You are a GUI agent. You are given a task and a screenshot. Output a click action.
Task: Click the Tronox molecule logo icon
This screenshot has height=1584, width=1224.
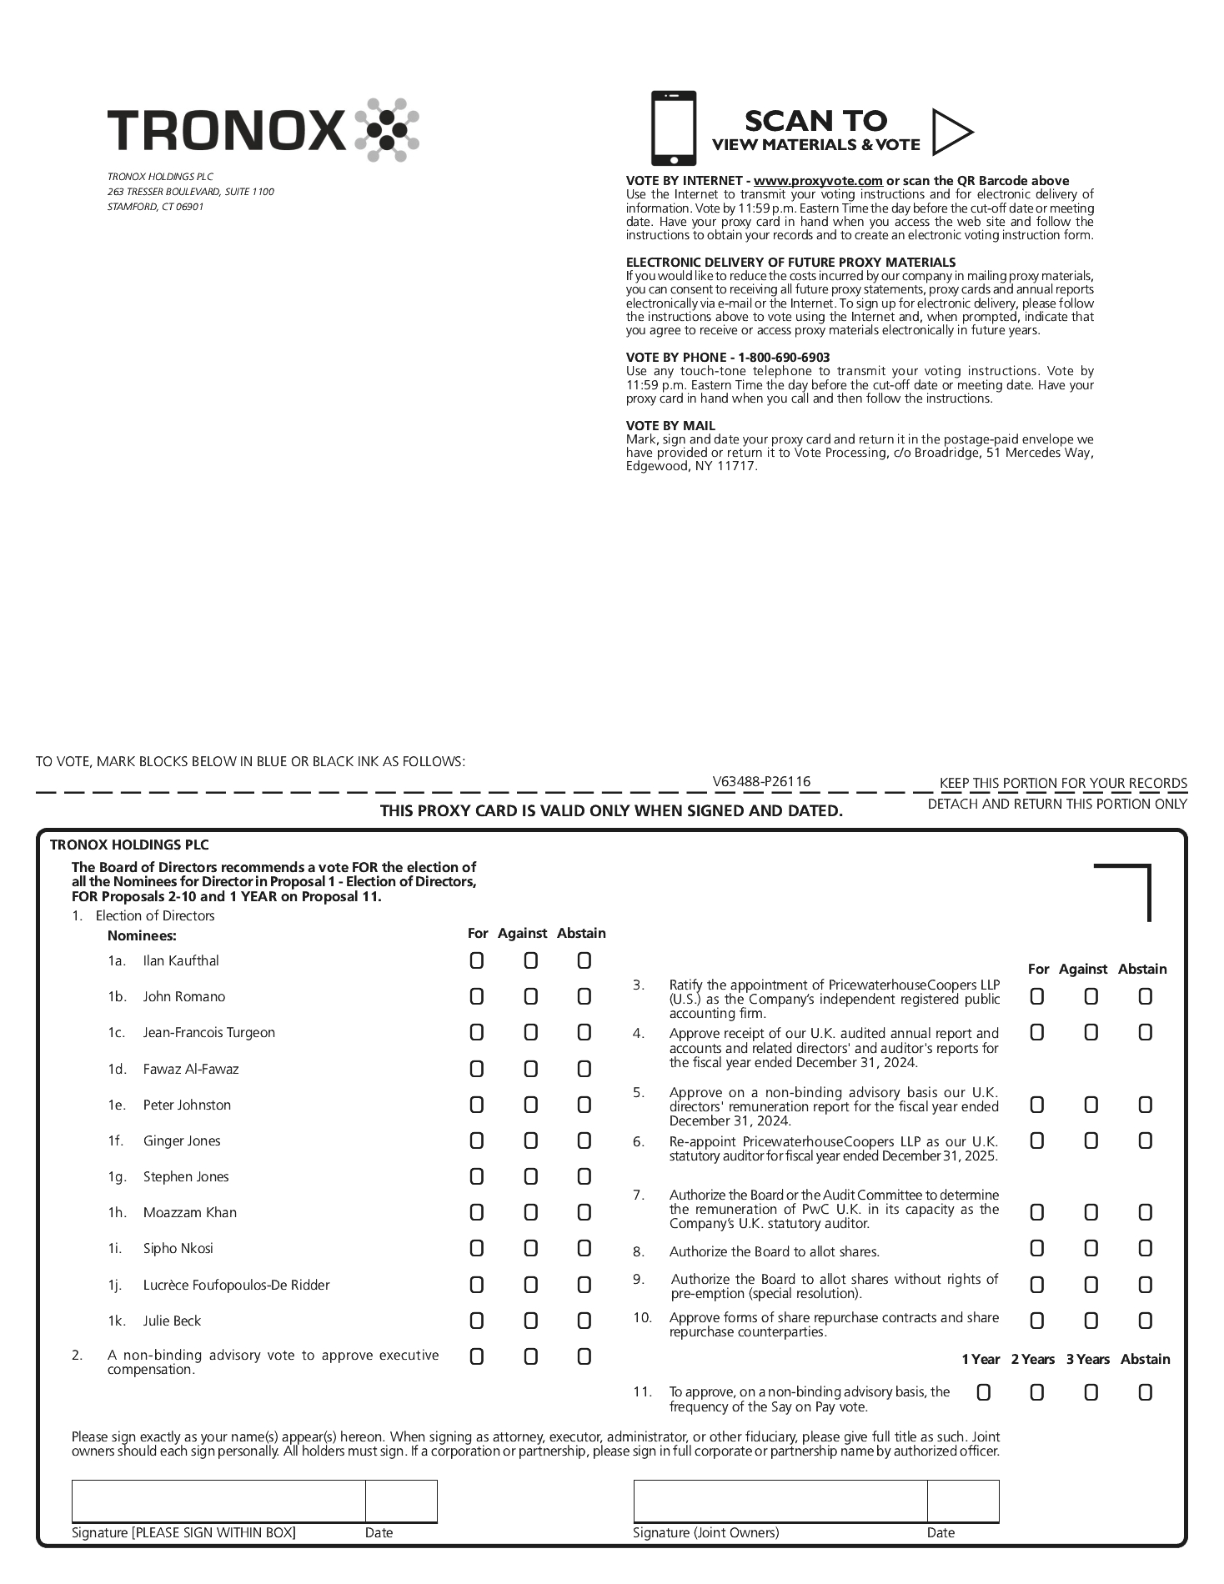[x=386, y=129]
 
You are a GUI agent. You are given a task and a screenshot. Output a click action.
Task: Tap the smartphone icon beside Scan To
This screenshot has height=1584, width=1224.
[x=673, y=128]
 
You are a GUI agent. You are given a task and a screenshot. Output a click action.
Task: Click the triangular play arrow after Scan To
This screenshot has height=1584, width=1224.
[x=951, y=132]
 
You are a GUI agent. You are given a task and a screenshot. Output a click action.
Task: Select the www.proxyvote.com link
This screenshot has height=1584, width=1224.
[x=817, y=181]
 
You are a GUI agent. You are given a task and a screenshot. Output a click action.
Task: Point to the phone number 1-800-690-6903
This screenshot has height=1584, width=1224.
[x=784, y=358]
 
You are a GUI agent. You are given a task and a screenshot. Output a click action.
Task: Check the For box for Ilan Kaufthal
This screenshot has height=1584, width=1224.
[x=476, y=961]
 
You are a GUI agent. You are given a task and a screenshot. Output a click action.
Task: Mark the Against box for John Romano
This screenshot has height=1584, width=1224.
[x=530, y=997]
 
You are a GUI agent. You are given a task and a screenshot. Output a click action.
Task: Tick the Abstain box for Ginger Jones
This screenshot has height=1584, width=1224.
[x=584, y=1140]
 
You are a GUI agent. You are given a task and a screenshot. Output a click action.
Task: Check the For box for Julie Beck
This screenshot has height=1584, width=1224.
[x=476, y=1321]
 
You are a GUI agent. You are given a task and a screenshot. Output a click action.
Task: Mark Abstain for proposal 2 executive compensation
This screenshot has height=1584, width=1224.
[x=584, y=1356]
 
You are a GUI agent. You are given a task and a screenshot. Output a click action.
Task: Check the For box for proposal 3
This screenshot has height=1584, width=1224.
[x=1036, y=996]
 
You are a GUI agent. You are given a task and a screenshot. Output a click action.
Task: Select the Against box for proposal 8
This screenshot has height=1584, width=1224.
[x=1091, y=1248]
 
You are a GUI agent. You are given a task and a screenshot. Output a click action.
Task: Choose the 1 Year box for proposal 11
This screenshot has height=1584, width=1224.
[x=983, y=1392]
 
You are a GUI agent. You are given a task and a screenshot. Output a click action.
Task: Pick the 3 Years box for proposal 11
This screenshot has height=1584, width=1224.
[x=1091, y=1392]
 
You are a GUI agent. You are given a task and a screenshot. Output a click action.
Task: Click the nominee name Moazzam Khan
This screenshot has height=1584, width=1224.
[x=189, y=1212]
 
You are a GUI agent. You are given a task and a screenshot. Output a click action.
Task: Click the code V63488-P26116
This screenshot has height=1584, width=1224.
[x=761, y=781]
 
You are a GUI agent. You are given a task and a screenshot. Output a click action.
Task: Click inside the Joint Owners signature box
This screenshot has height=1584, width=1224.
[x=780, y=1501]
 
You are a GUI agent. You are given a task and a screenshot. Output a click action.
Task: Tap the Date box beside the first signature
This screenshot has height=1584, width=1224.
[x=401, y=1501]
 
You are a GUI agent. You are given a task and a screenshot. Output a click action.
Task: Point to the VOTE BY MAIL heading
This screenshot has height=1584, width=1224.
[x=670, y=426]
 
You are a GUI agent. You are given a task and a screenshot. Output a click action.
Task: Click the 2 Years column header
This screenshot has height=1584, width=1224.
[x=1033, y=1359]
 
